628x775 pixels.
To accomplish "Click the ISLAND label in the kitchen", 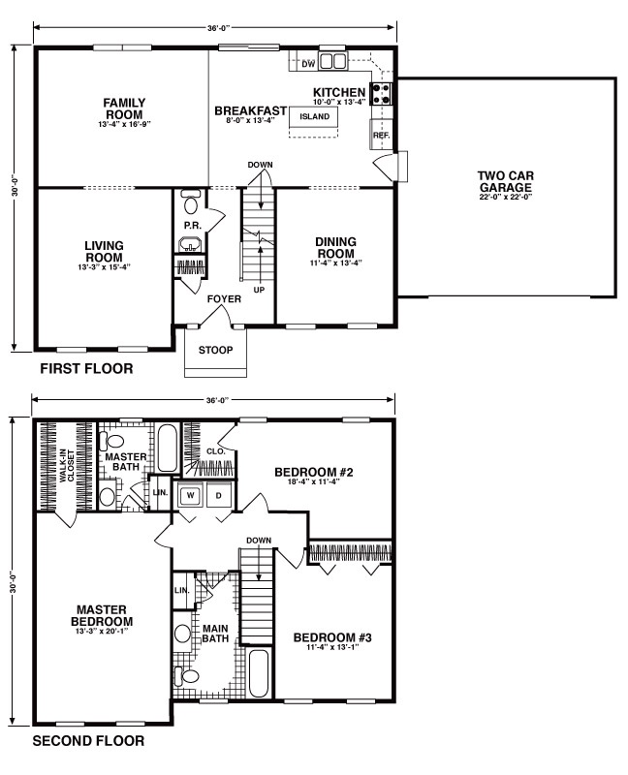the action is coord(315,116).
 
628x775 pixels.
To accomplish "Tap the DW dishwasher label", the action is coord(308,64).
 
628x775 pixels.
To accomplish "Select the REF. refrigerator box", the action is coord(381,135).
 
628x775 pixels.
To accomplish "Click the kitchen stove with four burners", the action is coord(381,94).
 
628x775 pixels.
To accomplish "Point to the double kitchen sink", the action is coord(332,61).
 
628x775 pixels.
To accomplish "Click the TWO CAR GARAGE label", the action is coord(505,181).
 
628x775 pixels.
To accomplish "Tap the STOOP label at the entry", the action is coord(215,351).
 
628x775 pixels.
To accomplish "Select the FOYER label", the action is coord(224,299).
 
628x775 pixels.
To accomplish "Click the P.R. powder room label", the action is coord(193,226).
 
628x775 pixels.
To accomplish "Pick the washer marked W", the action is coord(189,495).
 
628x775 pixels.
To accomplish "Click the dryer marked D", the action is coord(218,495).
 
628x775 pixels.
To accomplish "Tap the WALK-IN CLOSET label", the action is coord(67,466).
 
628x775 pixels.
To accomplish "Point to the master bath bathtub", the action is coord(168,448).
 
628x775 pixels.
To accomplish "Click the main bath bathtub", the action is coord(258,673).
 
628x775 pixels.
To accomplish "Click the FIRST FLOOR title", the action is coord(86,369).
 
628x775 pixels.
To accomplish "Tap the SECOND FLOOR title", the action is coord(88,741).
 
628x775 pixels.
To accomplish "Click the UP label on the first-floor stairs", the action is coord(259,290).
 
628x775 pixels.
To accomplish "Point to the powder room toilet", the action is coord(190,201).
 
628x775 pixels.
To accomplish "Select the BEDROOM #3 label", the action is coord(332,637).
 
